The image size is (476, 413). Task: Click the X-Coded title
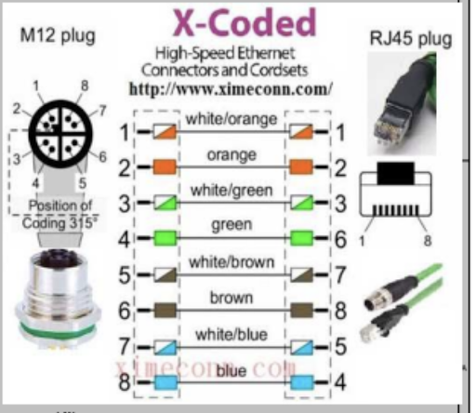click(245, 23)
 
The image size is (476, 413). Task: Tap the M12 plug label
click(58, 36)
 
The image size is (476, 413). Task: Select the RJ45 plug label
click(411, 39)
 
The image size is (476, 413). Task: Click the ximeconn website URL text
click(231, 89)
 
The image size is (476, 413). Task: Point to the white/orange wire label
click(231, 119)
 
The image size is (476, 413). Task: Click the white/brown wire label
click(231, 262)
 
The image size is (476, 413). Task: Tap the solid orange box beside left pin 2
click(165, 167)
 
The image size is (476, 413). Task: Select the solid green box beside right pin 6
click(302, 238)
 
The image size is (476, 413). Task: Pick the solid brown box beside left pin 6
click(165, 310)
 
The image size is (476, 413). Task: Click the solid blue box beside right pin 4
click(302, 382)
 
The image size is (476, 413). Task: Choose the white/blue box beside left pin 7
click(165, 347)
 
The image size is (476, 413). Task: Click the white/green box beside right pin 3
click(302, 203)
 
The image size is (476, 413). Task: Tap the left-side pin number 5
click(125, 274)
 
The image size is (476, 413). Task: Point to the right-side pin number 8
click(341, 311)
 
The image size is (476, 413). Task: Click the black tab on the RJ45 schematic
click(396, 173)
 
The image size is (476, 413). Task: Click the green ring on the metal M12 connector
click(59, 328)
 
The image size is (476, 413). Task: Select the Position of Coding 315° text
click(59, 214)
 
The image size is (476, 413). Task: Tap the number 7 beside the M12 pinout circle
click(102, 110)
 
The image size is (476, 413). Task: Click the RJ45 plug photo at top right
click(402, 104)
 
